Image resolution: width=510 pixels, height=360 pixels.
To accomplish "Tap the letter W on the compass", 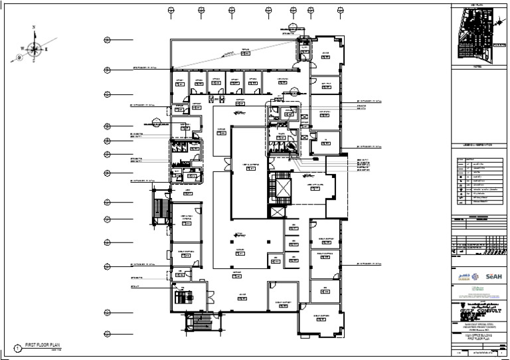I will [22, 48].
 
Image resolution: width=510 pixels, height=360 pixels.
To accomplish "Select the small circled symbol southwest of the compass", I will [19, 58].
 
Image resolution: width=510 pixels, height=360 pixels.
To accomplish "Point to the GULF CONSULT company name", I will [479, 310].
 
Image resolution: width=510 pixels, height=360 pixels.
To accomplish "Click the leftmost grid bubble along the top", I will [171, 10].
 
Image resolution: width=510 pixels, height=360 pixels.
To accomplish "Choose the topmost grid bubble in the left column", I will [107, 41].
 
